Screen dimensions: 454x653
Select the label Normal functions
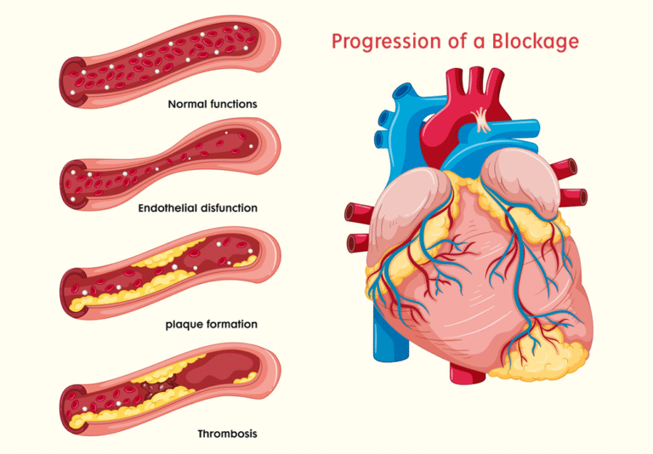(x=213, y=104)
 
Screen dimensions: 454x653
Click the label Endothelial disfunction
(x=197, y=207)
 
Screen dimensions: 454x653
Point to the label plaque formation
(x=211, y=324)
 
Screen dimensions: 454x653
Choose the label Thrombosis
(x=227, y=433)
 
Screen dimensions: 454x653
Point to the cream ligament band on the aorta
(x=484, y=118)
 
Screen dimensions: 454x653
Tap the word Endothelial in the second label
(x=166, y=207)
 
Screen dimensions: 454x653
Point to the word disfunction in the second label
(x=228, y=207)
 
